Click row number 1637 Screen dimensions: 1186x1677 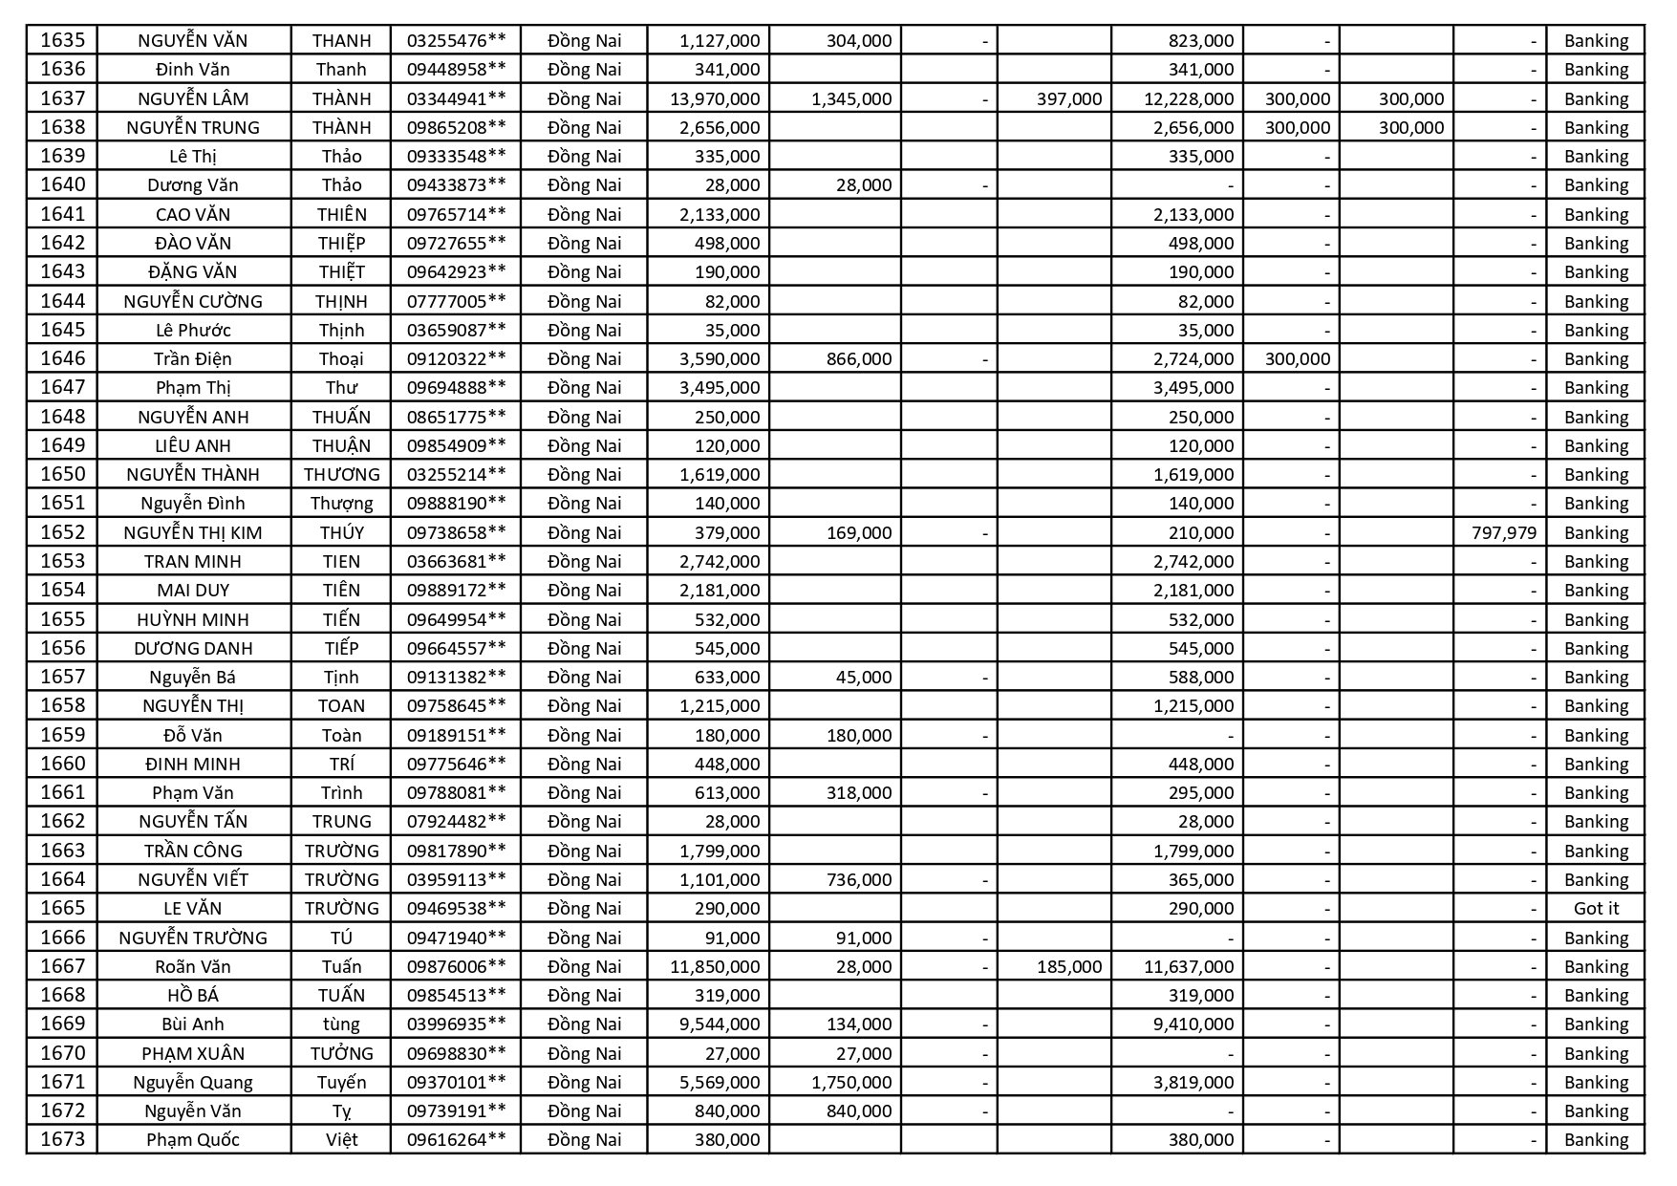pyautogui.click(x=62, y=98)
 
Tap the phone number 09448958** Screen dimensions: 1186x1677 pyautogui.click(x=456, y=70)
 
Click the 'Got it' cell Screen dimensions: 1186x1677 pyautogui.click(x=1596, y=909)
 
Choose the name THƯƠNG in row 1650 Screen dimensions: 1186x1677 pyautogui.click(x=341, y=475)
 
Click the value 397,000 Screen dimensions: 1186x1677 pyautogui.click(x=1068, y=98)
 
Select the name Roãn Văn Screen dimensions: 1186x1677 pyautogui.click(x=193, y=967)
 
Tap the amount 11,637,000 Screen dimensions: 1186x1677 pyautogui.click(x=1189, y=967)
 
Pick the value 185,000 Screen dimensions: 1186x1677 pyautogui.click(x=1068, y=967)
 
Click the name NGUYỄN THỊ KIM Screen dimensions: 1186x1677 pyautogui.click(x=193, y=533)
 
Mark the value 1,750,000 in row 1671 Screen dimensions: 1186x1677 pyautogui.click(x=850, y=1083)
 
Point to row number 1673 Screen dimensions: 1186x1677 pyautogui.click(x=62, y=1140)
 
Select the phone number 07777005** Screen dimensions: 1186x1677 pyautogui.click(x=456, y=302)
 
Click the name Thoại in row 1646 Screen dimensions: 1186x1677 pyautogui.click(x=341, y=359)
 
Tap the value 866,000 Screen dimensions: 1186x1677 pyautogui.click(x=859, y=359)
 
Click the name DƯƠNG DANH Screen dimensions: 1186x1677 pyautogui.click(x=193, y=649)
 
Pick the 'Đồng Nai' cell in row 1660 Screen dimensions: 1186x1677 pyautogui.click(x=584, y=765)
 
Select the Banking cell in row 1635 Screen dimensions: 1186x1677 pyautogui.click(x=1596, y=41)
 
